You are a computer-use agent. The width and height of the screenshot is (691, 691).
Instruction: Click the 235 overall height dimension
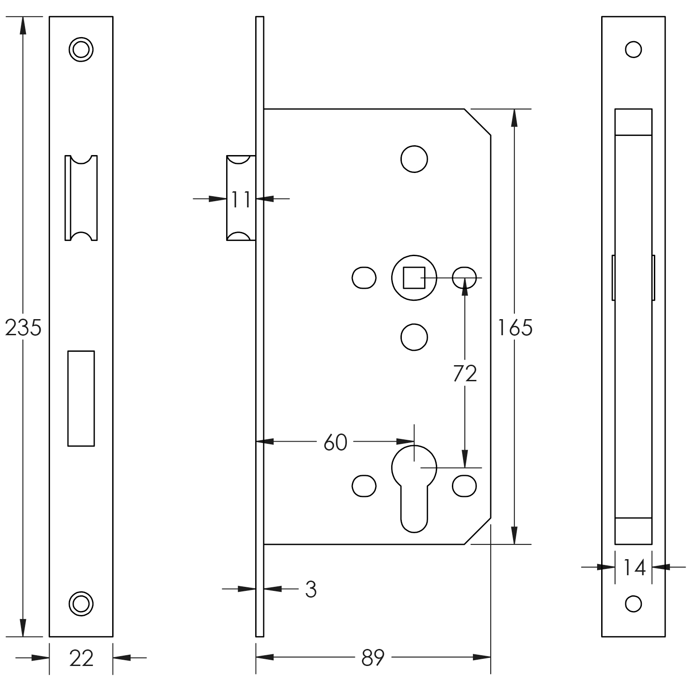point(23,328)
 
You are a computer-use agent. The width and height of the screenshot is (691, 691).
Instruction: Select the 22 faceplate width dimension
point(81,658)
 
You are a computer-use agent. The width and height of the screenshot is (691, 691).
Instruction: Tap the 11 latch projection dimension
point(241,199)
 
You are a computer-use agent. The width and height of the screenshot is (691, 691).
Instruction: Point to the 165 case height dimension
point(515,328)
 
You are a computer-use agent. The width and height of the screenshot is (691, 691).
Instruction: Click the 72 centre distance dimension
point(465,373)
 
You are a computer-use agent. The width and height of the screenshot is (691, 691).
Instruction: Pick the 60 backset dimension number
point(335,442)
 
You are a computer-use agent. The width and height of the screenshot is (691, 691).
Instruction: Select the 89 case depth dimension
point(373,657)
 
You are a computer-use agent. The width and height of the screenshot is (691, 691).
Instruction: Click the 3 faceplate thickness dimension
point(311,590)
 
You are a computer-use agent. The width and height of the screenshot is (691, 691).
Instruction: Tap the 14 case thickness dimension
point(634,568)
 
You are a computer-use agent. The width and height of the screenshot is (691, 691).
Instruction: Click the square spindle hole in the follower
point(414,278)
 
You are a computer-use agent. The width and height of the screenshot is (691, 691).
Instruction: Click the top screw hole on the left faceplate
point(81,49)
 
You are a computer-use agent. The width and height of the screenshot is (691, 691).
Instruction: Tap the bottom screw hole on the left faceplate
point(81,604)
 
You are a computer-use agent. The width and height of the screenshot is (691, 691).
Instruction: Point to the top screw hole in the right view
point(633,49)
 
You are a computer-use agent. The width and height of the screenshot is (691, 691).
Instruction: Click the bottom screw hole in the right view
point(633,604)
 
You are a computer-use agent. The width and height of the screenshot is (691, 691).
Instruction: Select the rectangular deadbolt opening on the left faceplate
point(81,398)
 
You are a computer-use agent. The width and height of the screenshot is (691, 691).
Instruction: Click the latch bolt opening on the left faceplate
point(81,198)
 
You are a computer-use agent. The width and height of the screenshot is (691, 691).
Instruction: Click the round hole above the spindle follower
point(414,159)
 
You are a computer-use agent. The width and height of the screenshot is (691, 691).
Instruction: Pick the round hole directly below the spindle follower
point(414,337)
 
